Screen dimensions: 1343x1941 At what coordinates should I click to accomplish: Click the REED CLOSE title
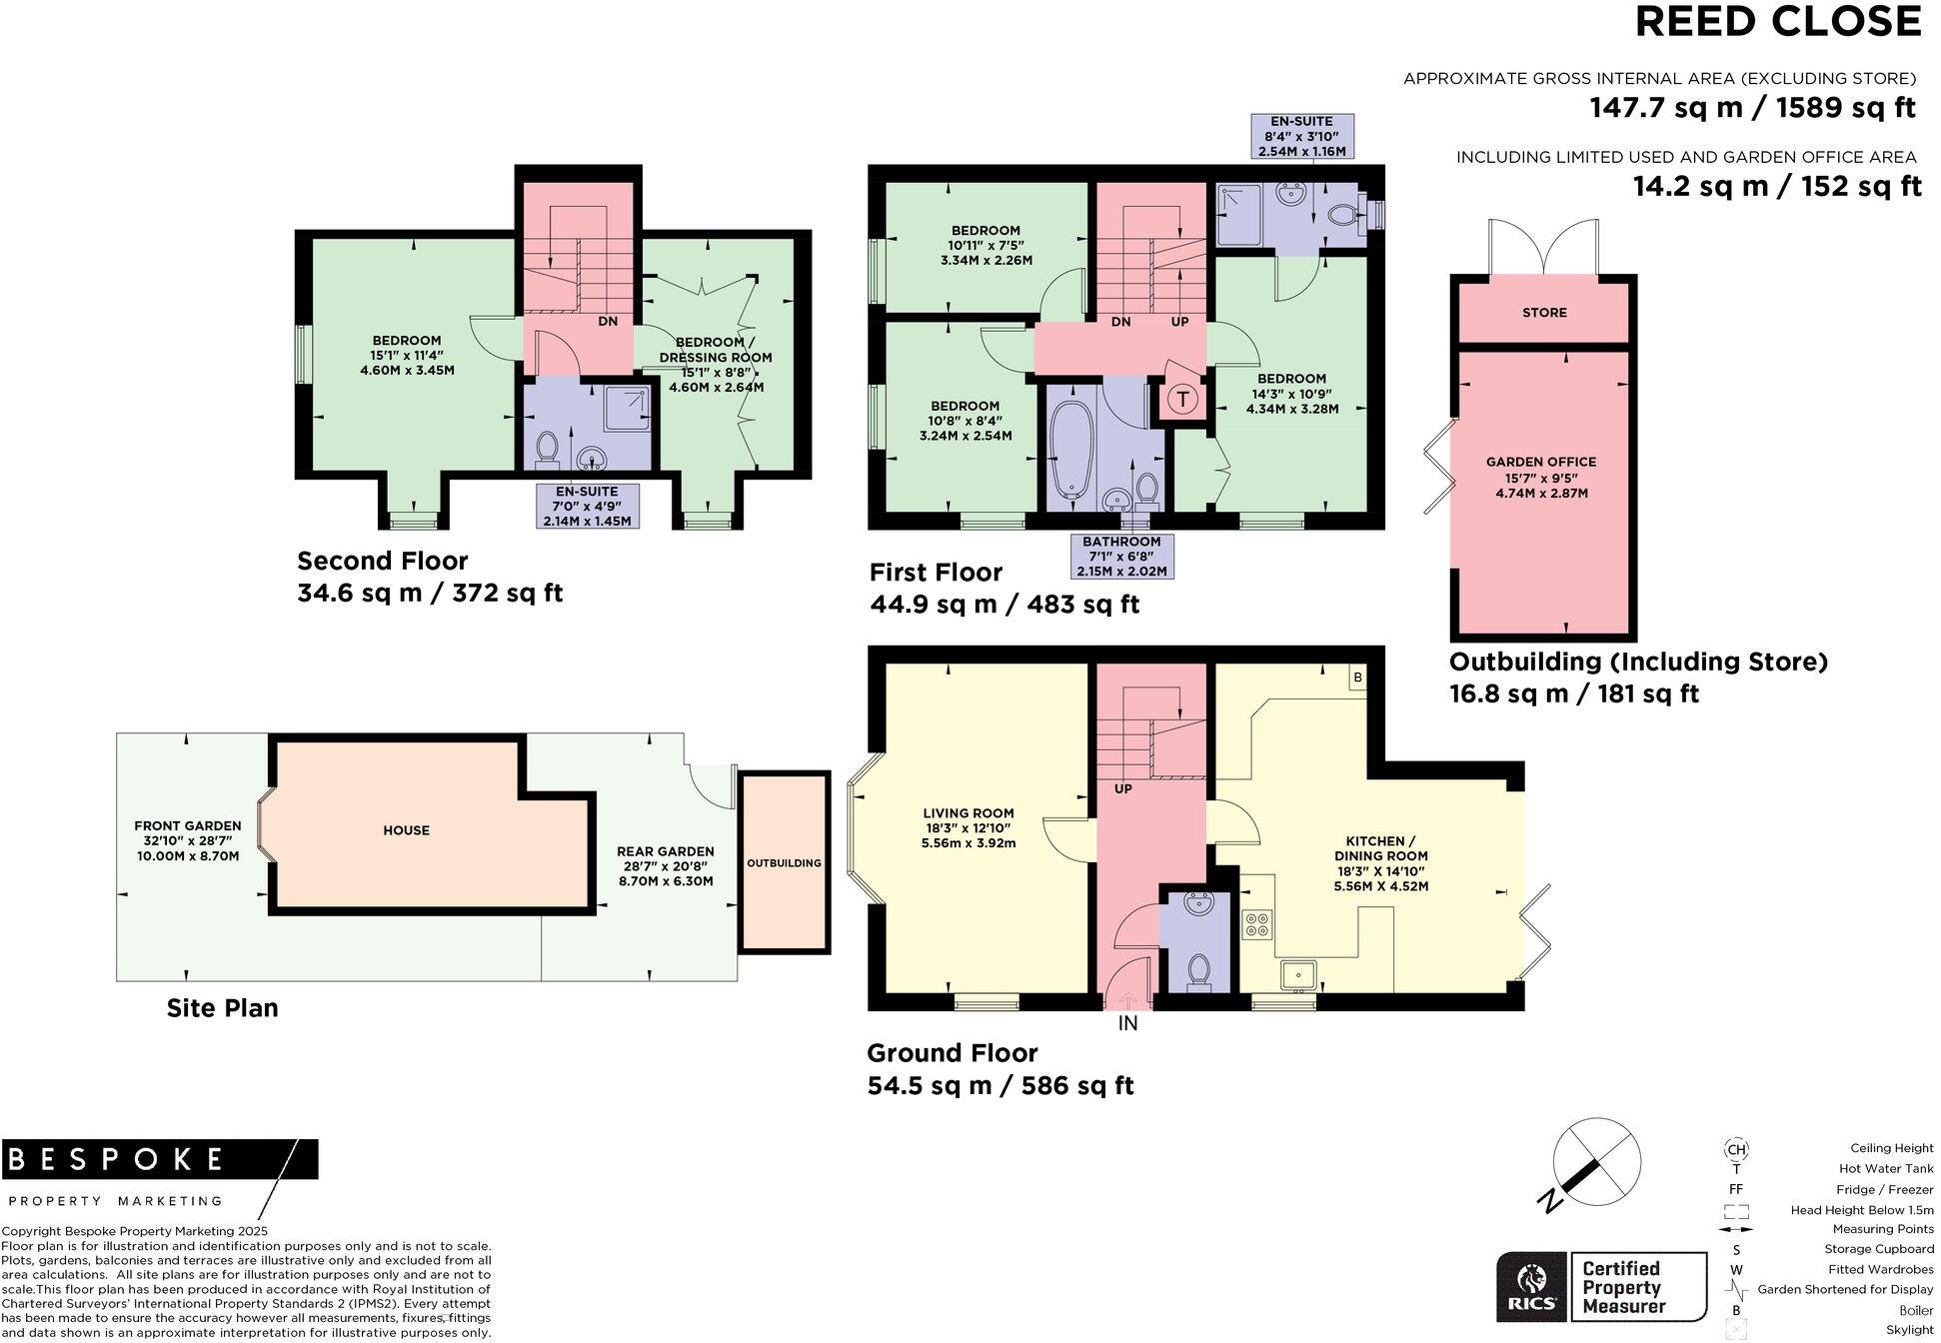click(x=1777, y=22)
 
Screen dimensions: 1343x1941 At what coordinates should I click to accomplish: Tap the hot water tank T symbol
click(x=1182, y=400)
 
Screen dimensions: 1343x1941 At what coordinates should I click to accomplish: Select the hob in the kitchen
click(x=1256, y=924)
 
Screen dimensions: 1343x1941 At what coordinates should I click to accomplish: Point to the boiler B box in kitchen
click(x=1357, y=678)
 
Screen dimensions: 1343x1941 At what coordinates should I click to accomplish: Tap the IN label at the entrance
click(x=1127, y=1023)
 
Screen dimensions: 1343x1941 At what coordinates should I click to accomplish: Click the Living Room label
click(x=968, y=827)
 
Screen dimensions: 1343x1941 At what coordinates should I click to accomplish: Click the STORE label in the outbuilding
click(x=1544, y=313)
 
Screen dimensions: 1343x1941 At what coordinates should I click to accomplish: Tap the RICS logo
click(x=1530, y=1287)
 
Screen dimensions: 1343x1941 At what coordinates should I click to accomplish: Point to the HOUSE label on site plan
click(x=406, y=830)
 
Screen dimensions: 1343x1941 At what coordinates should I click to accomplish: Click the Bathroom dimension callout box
click(x=1120, y=557)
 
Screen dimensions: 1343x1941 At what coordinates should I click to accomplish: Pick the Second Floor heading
click(x=382, y=561)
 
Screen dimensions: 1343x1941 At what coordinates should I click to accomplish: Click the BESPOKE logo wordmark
click(x=116, y=1159)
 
